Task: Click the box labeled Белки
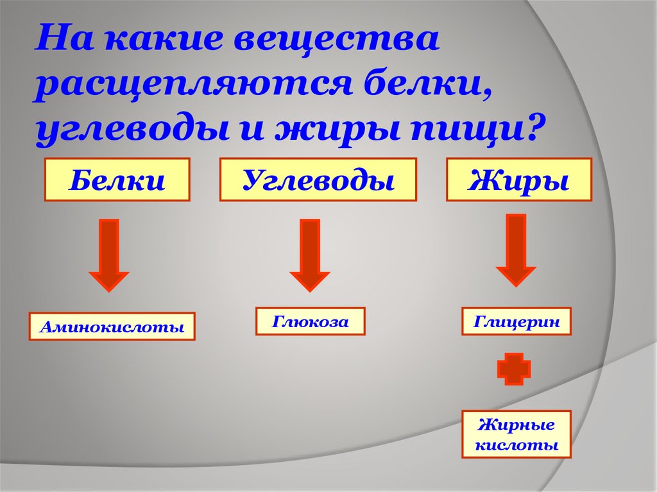click(x=117, y=180)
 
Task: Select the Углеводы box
click(x=318, y=180)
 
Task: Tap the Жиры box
click(x=518, y=180)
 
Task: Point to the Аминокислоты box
click(x=112, y=326)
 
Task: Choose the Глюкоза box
click(x=310, y=321)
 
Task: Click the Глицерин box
click(x=516, y=321)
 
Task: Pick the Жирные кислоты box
click(x=516, y=434)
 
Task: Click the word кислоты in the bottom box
click(x=516, y=445)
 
